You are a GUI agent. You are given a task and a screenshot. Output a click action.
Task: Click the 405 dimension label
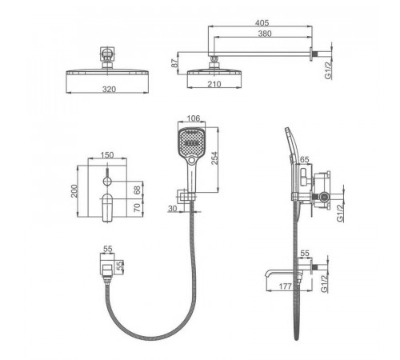coord(262,22)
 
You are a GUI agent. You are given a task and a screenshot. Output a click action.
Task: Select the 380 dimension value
coord(265,34)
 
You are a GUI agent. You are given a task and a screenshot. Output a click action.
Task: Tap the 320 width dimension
coord(109,89)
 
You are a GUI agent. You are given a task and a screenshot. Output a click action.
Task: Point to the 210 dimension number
coord(214,84)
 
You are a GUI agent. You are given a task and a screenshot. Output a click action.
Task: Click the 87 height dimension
coord(174,63)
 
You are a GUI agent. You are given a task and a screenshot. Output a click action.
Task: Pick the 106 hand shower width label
coord(194,118)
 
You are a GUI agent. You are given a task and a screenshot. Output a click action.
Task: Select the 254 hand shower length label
coord(214,158)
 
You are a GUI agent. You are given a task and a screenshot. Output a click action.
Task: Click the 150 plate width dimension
coord(107,155)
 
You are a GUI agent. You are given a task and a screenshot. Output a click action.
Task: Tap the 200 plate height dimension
coord(74,191)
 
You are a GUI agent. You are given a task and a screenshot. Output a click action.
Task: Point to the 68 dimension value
coord(137,190)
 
